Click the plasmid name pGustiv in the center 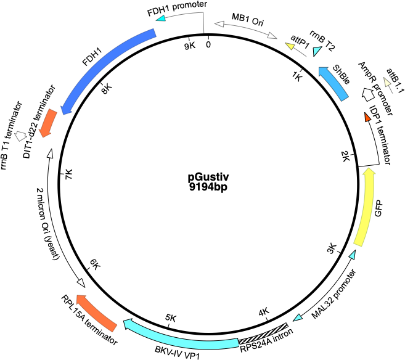point(208,178)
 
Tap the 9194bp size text point(208,187)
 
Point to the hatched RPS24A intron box point(263,333)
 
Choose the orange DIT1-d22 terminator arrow point(48,123)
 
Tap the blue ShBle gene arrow point(334,83)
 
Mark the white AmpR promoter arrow point(368,94)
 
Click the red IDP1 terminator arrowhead point(367,117)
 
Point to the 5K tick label point(171,318)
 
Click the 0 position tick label point(208,44)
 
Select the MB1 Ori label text point(248,20)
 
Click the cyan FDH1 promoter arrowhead point(161,18)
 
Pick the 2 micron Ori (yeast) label point(47,224)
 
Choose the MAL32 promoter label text point(333,294)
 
